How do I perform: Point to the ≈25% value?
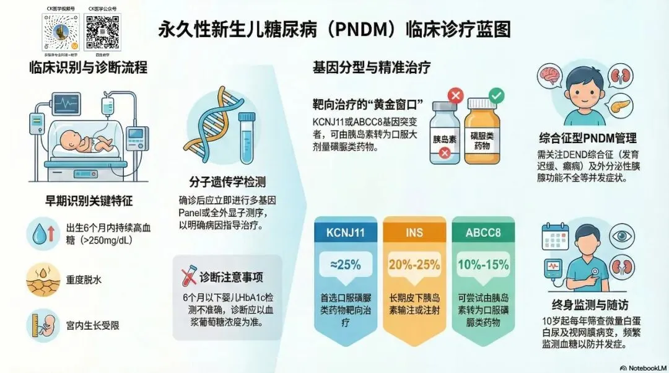tap(345, 265)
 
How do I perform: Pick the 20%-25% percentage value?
tap(414, 265)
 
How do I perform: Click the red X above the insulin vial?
tap(455, 96)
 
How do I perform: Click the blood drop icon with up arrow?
tap(43, 235)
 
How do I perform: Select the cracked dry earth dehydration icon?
tap(43, 279)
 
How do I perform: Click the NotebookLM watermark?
tap(641, 366)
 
